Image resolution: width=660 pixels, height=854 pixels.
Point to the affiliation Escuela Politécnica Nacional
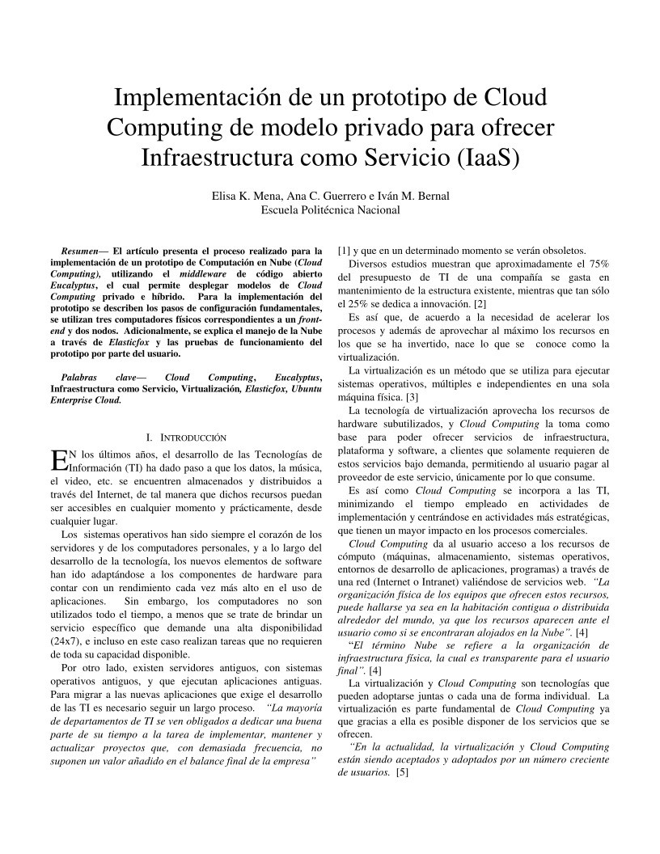pos(330,210)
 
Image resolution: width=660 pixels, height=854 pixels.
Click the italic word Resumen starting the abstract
pos(79,251)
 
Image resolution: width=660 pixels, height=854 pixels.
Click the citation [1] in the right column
pos(343,250)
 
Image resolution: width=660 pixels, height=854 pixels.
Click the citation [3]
pos(412,397)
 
